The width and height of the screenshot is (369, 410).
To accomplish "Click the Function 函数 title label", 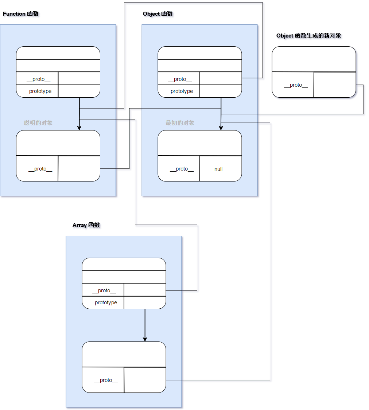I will pos(22,14).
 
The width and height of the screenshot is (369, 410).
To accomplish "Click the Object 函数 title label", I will pos(159,14).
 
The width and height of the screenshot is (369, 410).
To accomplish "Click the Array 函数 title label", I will pos(87,226).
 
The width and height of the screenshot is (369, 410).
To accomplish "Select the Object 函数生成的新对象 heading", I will pos(309,36).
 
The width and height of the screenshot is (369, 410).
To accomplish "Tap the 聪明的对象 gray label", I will pos(38,123).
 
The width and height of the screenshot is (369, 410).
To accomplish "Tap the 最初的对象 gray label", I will pos(180,123).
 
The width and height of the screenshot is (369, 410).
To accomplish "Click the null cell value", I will pos(218,169).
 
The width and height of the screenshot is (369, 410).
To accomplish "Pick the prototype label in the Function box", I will pos(40,91).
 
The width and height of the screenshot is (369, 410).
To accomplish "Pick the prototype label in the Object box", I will pos(182,91).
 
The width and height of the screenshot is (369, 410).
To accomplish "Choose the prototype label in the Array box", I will pos(106,302).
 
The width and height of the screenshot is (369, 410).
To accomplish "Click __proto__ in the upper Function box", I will pos(38,79).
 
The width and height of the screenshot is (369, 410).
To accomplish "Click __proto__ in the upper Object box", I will pos(180,79).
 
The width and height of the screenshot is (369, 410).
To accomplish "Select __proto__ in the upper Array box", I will pos(104,290).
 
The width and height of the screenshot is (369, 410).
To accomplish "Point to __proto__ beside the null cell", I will pos(182,169).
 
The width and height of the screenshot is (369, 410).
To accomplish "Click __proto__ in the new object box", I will pos(296,85).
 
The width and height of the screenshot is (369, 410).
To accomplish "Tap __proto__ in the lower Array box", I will pos(106,380).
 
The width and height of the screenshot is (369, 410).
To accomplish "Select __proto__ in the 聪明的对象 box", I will pos(40,169).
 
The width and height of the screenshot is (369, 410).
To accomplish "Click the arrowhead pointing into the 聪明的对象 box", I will pos(79,128).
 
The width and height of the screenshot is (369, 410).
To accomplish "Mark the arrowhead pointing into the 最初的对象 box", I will pos(221,128).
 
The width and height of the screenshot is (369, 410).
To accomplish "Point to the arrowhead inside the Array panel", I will pos(145,339).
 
